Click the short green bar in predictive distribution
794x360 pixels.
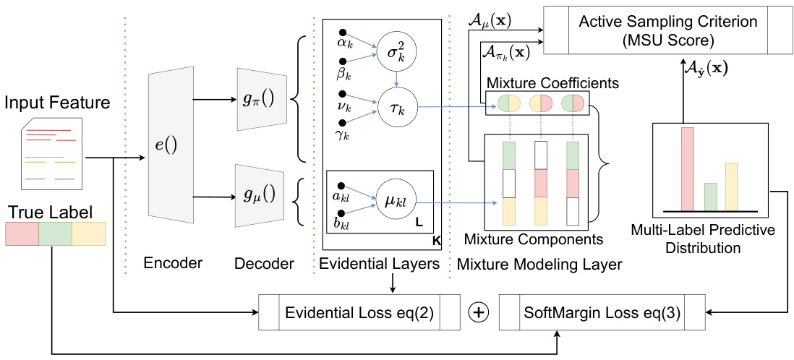(x=710, y=196)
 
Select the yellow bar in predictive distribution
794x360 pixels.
(x=731, y=186)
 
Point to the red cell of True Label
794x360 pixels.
(x=22, y=235)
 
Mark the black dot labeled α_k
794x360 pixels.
(x=343, y=33)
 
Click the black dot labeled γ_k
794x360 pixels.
(x=343, y=121)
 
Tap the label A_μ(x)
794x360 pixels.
(x=489, y=20)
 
